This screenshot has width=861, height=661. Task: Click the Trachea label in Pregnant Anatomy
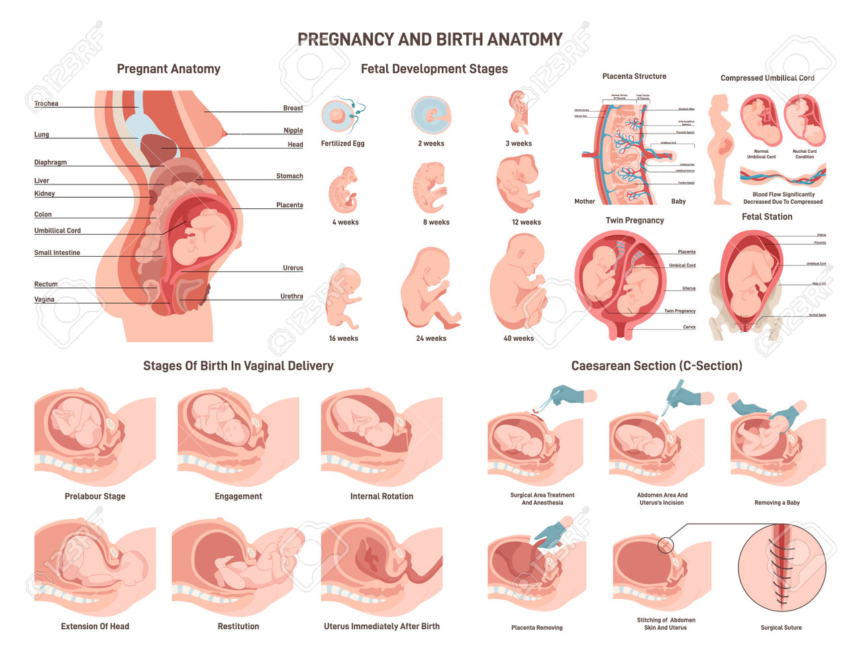tap(46, 104)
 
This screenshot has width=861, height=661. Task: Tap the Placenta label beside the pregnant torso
tap(289, 205)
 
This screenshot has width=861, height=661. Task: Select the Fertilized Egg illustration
tap(338, 116)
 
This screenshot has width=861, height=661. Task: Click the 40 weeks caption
tap(519, 338)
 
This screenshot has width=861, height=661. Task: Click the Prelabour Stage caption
tap(95, 496)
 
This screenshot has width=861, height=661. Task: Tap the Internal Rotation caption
tap(381, 496)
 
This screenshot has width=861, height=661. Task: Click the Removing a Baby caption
tap(777, 503)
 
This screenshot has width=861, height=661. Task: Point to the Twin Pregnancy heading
tap(634, 220)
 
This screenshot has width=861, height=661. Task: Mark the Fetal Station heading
tap(767, 216)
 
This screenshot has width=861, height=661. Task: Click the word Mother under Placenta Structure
tap(584, 201)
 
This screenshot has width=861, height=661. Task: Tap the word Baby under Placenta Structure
tap(678, 201)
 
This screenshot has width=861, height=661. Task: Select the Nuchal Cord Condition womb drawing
tap(804, 121)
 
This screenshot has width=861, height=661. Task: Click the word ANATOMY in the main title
tap(525, 40)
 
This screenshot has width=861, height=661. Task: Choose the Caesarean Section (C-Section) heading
tap(656, 366)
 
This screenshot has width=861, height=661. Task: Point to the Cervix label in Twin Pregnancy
tap(689, 327)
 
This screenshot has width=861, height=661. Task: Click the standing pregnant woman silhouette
tap(720, 149)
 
